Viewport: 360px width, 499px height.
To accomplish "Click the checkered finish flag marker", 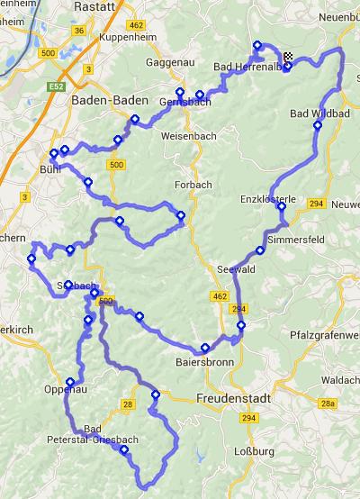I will point(288,59).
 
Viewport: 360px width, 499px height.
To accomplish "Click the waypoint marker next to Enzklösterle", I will point(282,206).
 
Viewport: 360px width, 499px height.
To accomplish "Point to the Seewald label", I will point(237,269).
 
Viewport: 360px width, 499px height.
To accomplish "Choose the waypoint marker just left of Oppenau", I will point(70,381).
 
